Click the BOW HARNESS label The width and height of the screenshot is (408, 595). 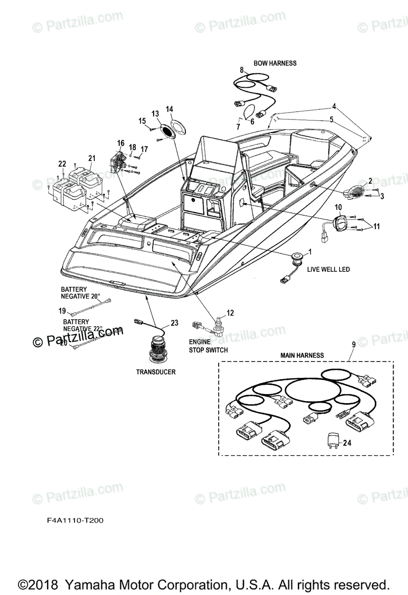(275, 63)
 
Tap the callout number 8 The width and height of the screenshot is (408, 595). (242, 70)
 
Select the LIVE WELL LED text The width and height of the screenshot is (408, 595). (328, 269)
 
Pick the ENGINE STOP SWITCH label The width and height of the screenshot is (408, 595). (208, 346)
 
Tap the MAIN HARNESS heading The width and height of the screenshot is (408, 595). (302, 355)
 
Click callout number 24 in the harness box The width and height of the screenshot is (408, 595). (347, 443)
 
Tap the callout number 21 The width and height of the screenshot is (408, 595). (92, 158)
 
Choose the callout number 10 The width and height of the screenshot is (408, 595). (339, 207)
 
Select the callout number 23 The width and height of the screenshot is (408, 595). (174, 323)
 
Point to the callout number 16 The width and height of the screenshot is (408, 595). (120, 143)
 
